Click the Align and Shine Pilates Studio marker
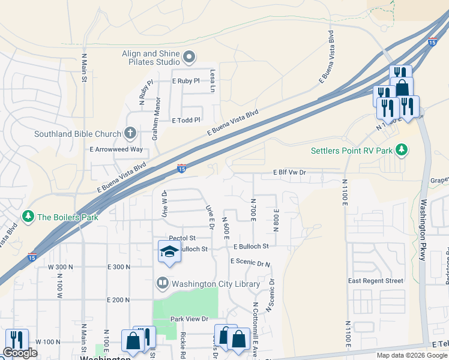(x=190, y=58)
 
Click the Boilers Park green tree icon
(x=28, y=216)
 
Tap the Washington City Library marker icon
(x=163, y=283)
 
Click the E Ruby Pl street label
(x=185, y=80)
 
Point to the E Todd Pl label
(x=185, y=120)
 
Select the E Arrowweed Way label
(x=116, y=149)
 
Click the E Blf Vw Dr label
(x=290, y=172)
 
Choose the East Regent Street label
(x=376, y=281)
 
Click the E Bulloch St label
(x=251, y=246)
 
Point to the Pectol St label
(x=182, y=238)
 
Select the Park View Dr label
(x=188, y=319)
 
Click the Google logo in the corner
(x=20, y=353)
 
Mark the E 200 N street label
(x=118, y=299)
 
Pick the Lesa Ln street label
(x=212, y=80)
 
